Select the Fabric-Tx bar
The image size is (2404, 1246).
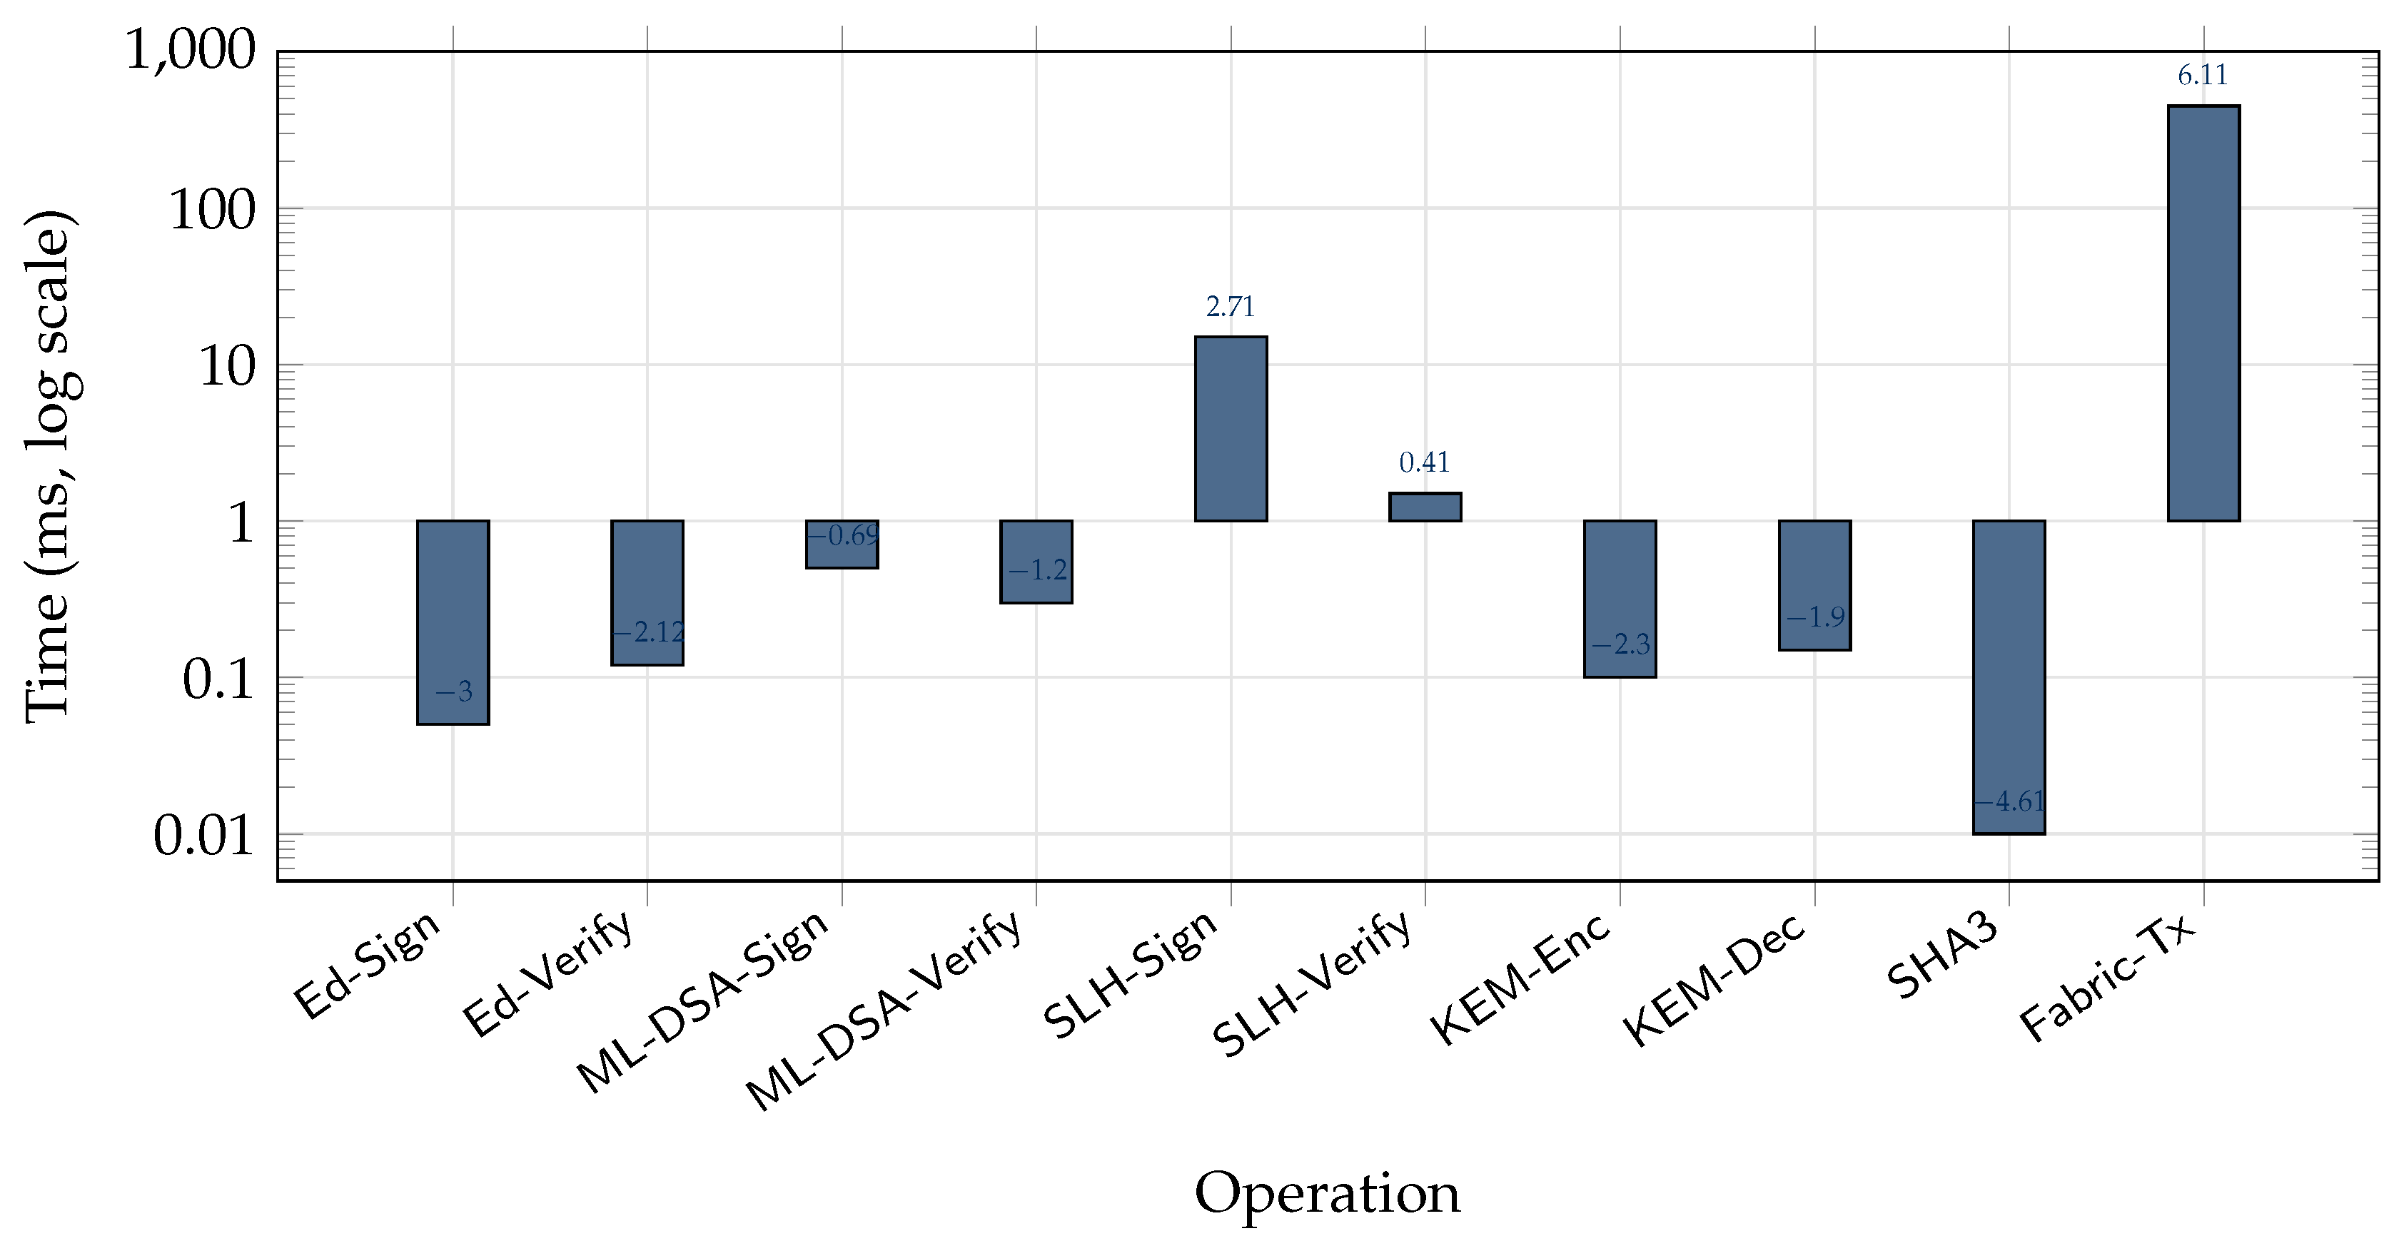click(x=2203, y=313)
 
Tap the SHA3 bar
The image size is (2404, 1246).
click(x=2009, y=677)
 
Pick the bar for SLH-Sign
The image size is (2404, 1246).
click(x=1231, y=428)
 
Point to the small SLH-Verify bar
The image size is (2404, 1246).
click(x=1425, y=507)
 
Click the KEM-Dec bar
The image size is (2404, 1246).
click(x=1814, y=585)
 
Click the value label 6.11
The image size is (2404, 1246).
click(x=2203, y=76)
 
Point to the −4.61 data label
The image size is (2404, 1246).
click(x=2009, y=801)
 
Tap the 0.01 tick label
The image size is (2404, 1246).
click(x=203, y=836)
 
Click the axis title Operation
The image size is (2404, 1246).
click(x=1326, y=1195)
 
